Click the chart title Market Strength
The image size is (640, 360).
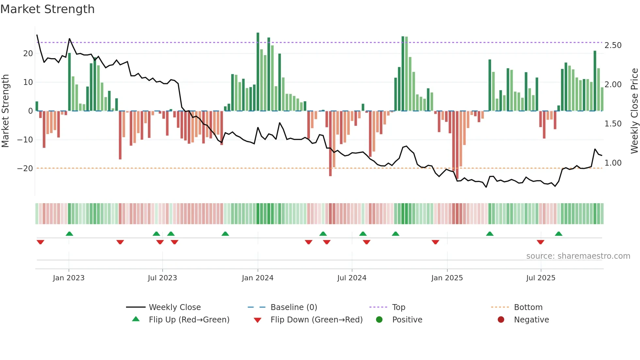click(47, 9)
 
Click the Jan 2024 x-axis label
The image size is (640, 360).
click(257, 278)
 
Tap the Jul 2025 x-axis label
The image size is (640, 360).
click(540, 278)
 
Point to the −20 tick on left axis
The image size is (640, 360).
click(25, 169)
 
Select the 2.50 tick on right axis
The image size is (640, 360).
click(613, 45)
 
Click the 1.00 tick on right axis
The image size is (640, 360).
click(613, 163)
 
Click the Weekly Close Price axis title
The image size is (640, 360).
click(634, 111)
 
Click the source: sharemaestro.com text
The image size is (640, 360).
click(578, 256)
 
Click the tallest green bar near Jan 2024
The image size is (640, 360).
click(258, 72)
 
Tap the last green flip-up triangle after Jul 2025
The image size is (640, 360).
click(558, 234)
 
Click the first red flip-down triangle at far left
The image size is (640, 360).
click(40, 242)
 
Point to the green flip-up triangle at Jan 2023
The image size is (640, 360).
click(69, 234)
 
